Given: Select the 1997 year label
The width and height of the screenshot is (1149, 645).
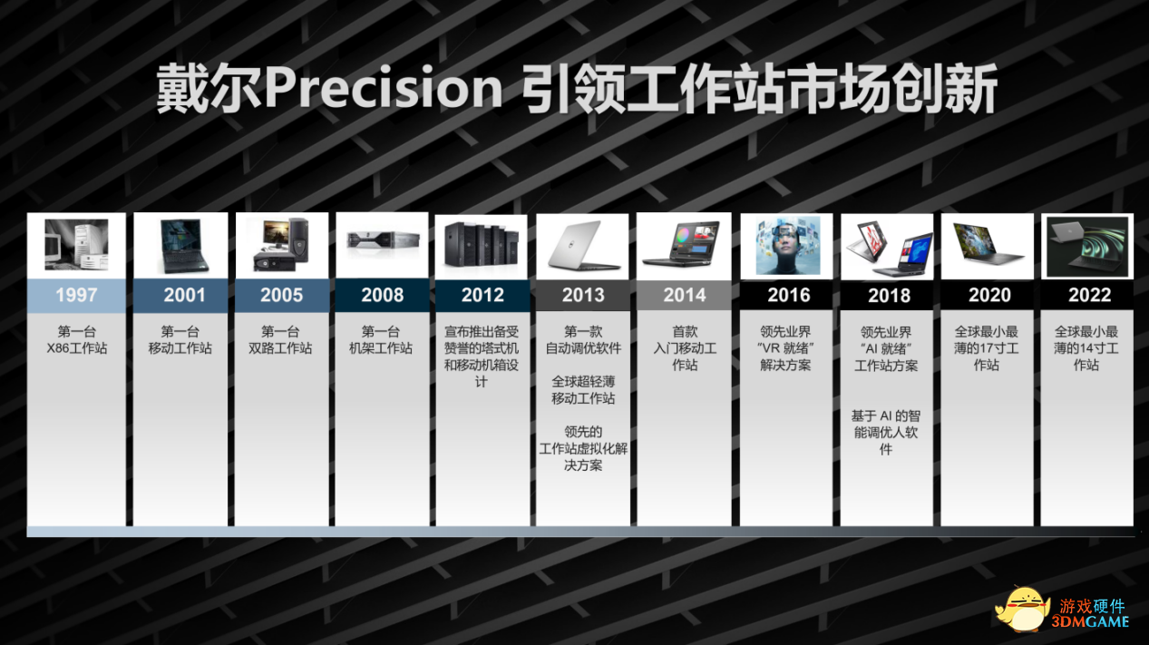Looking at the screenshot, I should click(x=76, y=295).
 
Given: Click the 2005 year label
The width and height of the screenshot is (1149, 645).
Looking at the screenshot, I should click(x=282, y=295).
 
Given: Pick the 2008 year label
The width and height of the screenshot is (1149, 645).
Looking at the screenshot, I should click(x=382, y=295).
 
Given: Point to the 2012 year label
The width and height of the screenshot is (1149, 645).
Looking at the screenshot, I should click(x=482, y=295).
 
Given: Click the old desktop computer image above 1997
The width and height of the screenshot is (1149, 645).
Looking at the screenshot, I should click(x=76, y=245).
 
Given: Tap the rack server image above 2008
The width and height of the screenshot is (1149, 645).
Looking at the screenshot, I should click(x=382, y=240).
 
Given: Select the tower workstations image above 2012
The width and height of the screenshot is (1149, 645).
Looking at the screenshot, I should click(x=482, y=245).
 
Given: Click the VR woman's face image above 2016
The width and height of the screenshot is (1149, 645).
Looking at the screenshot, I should click(x=787, y=245).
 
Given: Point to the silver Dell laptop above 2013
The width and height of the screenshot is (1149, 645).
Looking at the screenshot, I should click(x=582, y=245).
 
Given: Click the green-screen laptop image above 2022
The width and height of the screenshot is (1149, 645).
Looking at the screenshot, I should click(x=1087, y=245).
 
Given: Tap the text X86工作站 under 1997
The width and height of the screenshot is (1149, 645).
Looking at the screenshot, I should click(x=76, y=348).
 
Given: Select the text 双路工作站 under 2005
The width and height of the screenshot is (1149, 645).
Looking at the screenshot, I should click(x=281, y=348).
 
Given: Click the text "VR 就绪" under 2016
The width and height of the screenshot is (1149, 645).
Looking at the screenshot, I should click(x=786, y=348).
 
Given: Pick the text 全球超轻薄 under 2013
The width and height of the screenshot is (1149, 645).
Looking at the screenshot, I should click(x=582, y=382).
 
